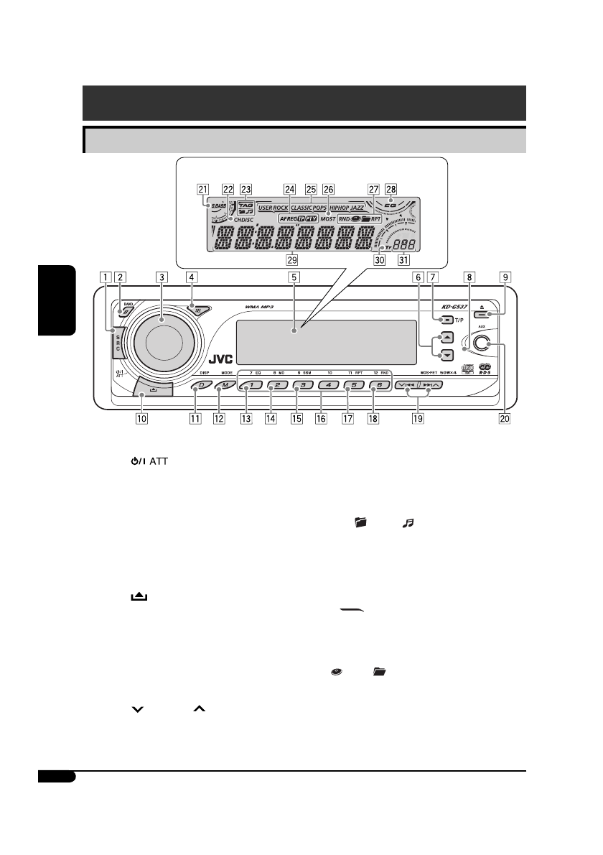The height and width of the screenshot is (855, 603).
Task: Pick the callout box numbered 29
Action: click(x=291, y=259)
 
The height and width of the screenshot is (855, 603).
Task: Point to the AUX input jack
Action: click(x=490, y=346)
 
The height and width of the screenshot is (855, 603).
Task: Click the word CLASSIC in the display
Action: click(x=306, y=207)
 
